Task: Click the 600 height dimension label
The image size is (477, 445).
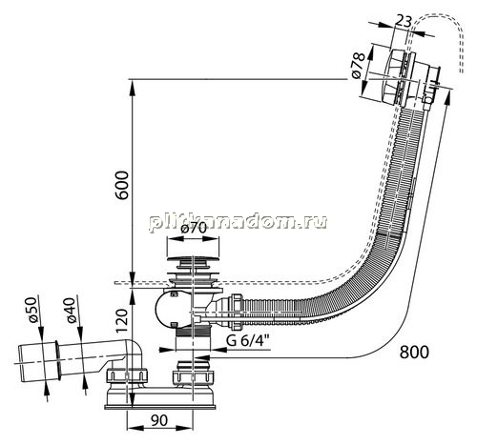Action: click(122, 185)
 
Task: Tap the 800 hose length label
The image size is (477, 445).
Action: click(414, 353)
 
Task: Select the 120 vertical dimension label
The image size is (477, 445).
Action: click(122, 320)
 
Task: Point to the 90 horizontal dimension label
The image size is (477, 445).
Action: click(159, 420)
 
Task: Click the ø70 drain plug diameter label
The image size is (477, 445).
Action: click(194, 229)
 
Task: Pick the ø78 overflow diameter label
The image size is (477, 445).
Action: click(359, 66)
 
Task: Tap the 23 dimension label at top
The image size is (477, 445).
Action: click(403, 22)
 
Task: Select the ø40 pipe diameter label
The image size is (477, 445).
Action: click(71, 311)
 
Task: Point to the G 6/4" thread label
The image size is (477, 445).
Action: click(248, 341)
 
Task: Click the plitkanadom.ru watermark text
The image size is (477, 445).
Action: click(238, 222)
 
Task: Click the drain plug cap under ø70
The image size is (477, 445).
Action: click(193, 259)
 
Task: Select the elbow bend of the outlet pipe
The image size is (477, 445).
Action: click(135, 352)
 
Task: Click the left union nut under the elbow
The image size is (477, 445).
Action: click(127, 375)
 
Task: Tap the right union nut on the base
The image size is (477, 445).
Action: click(194, 377)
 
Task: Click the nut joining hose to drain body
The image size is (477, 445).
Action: click(237, 313)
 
